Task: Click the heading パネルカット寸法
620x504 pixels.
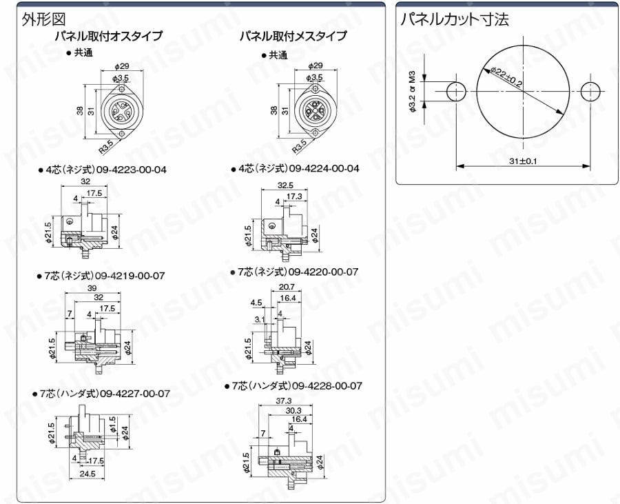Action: [455, 19]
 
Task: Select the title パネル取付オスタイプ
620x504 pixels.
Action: [109, 37]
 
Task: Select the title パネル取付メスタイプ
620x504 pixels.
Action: [292, 36]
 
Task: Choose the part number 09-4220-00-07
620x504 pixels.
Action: [324, 272]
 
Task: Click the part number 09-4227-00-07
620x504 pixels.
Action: [136, 394]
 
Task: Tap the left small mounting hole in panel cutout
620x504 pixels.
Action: [455, 92]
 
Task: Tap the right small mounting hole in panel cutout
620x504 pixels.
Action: [590, 92]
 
